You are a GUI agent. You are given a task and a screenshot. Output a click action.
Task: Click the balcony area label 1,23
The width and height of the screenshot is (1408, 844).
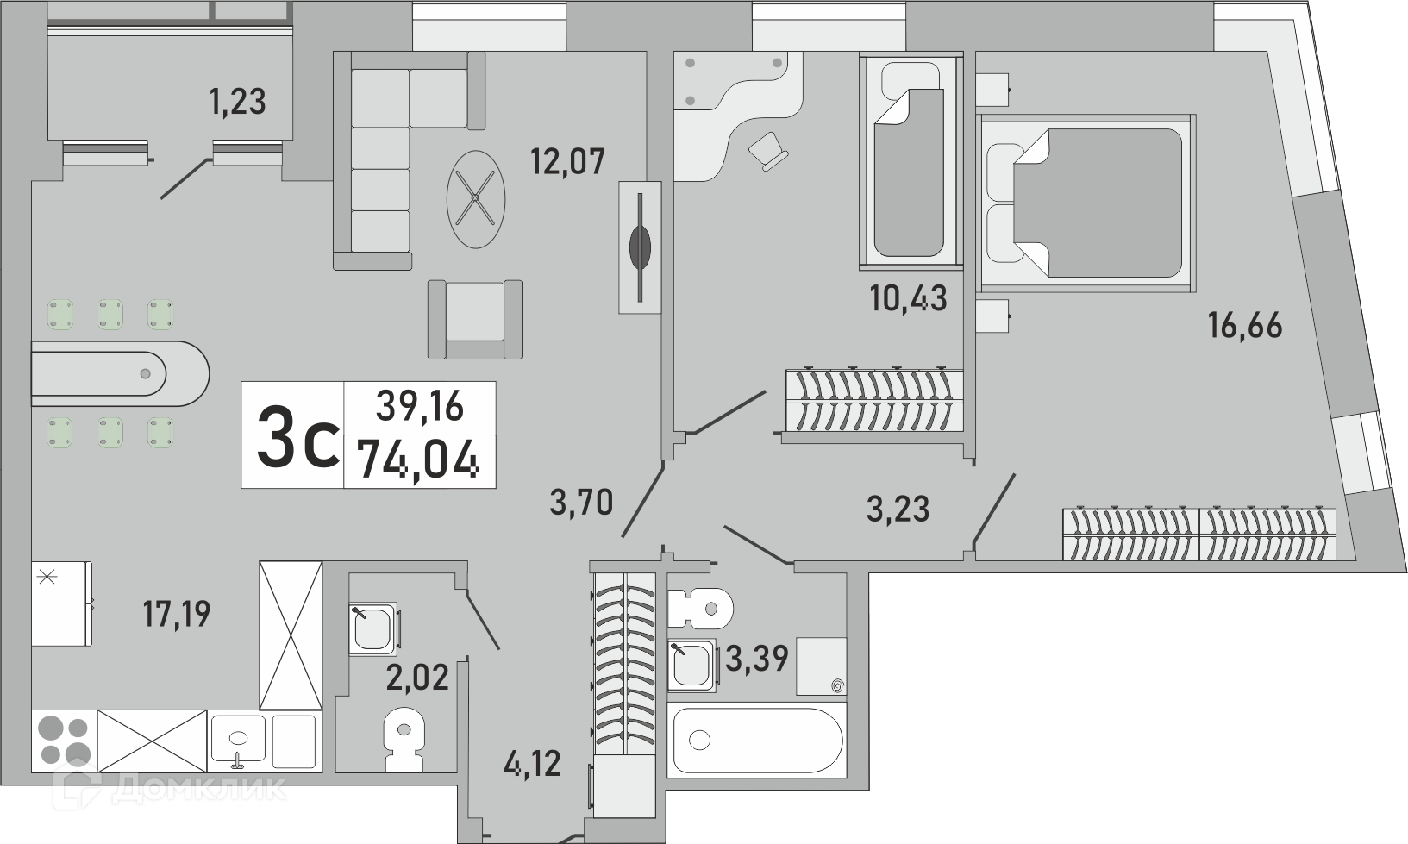coord(238,102)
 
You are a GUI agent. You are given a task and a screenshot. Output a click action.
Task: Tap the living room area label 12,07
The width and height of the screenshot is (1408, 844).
coord(567,161)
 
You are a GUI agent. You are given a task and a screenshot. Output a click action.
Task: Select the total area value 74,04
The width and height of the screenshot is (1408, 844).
coord(418,459)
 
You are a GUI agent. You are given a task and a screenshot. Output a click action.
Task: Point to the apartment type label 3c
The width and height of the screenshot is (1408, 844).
coord(297,437)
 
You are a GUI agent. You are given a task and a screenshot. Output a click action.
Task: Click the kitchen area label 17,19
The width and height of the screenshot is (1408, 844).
coord(178,614)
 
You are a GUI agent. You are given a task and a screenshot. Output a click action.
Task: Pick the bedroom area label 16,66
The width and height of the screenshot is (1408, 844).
coord(1245,326)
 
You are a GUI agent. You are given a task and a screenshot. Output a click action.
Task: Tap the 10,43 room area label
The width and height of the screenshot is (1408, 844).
coord(909,298)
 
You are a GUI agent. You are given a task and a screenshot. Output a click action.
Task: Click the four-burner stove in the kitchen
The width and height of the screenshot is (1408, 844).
coord(64,741)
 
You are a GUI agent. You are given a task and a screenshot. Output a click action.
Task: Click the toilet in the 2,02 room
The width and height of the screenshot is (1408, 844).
coord(404,741)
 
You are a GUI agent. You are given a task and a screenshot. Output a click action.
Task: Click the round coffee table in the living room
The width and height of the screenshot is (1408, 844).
coord(476,199)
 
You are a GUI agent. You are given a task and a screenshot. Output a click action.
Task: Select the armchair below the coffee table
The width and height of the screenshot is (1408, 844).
coord(475,320)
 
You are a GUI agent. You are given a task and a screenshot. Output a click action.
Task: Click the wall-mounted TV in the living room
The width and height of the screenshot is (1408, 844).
coord(640,247)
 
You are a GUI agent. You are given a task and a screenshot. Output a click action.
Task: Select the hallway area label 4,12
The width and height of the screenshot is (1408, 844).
coord(532,764)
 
